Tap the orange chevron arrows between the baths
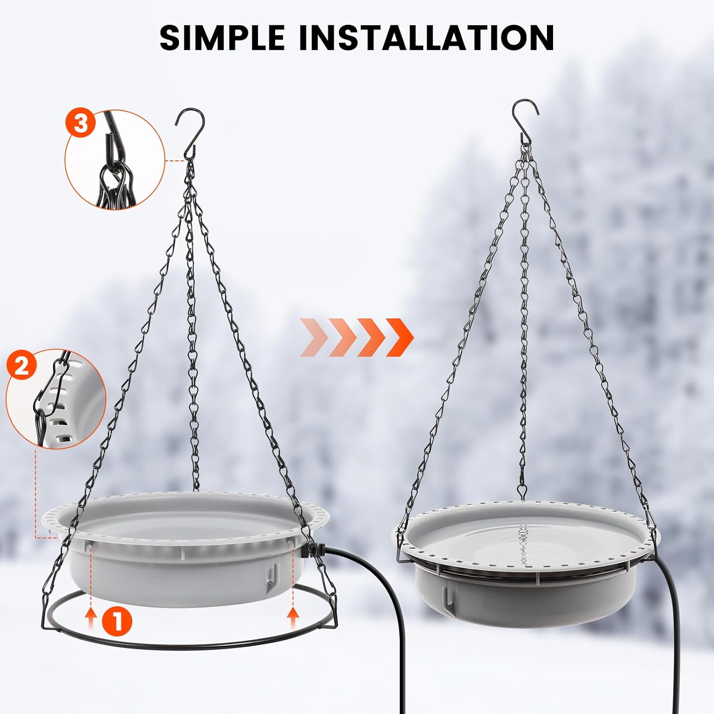[357, 337]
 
